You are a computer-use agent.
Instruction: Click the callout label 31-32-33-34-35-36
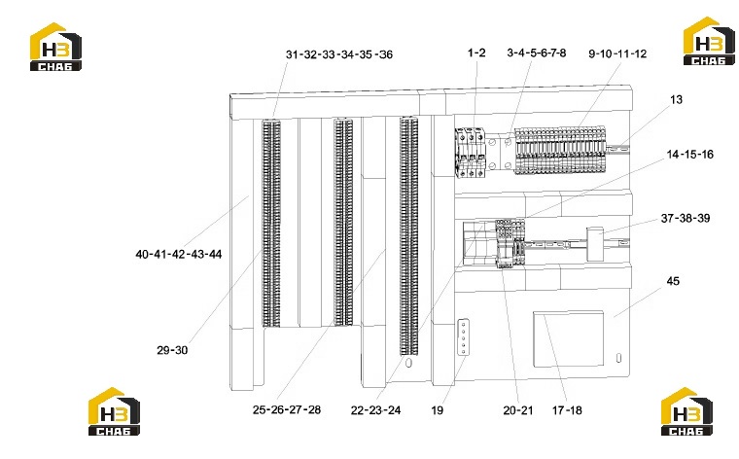[x=339, y=54]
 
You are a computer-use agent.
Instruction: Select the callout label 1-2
[x=476, y=53]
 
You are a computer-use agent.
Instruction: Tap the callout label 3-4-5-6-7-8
[x=537, y=53]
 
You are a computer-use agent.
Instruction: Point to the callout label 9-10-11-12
[x=617, y=53]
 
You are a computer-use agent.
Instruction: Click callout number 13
[x=676, y=100]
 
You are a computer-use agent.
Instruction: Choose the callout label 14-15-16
[x=690, y=155]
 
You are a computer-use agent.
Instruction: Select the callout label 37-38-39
[x=686, y=218]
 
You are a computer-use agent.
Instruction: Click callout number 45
[x=673, y=281]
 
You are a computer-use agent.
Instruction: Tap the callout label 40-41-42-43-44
[x=179, y=255]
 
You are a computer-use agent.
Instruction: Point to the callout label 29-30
[x=172, y=350]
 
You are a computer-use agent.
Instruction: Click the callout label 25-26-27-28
[x=287, y=410]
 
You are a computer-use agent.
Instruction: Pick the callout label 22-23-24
[x=375, y=410]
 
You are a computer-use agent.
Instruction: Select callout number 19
[x=437, y=410]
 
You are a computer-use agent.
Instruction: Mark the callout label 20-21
[x=518, y=410]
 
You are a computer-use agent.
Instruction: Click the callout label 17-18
[x=567, y=410]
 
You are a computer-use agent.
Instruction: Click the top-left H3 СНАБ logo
[x=55, y=47]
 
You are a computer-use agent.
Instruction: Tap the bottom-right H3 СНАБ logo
[x=686, y=411]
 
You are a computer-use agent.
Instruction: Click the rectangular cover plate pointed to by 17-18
[x=569, y=338]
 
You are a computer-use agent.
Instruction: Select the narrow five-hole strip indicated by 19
[x=463, y=336]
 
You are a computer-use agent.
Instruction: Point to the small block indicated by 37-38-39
[x=595, y=244]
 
